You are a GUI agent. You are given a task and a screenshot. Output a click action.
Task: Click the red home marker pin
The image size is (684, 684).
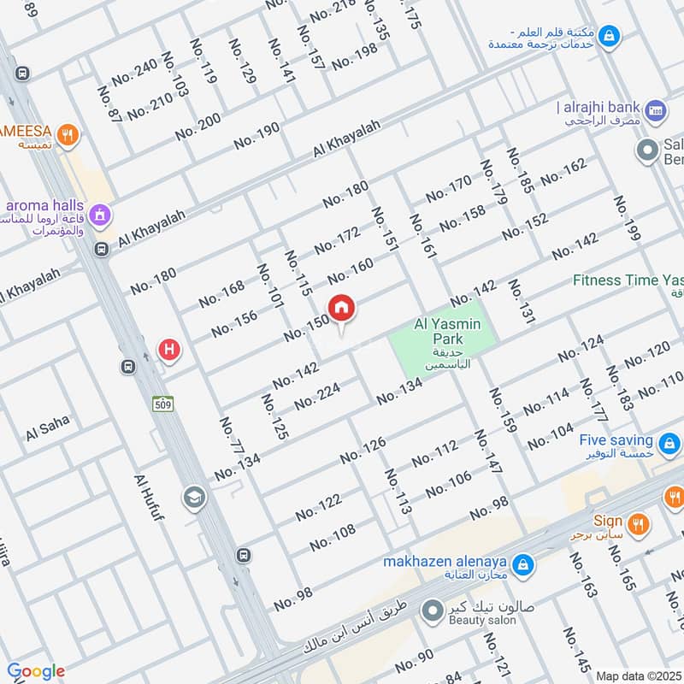342,309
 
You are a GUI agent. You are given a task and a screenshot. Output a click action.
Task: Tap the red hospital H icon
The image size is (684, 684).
170,349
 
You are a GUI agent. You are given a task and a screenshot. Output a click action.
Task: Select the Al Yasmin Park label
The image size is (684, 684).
447,325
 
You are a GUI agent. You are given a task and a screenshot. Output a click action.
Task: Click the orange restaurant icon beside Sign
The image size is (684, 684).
637,522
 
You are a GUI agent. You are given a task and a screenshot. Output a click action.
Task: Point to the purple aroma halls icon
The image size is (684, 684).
101,214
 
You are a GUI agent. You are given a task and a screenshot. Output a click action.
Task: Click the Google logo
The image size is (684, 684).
36,671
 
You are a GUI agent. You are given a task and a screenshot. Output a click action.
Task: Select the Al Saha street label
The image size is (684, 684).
46,429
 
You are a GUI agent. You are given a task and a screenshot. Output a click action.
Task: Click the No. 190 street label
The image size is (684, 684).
256,136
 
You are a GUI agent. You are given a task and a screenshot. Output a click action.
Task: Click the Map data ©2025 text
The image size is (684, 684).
639,675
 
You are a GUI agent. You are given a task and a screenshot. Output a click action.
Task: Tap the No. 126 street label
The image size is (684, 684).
363,451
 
